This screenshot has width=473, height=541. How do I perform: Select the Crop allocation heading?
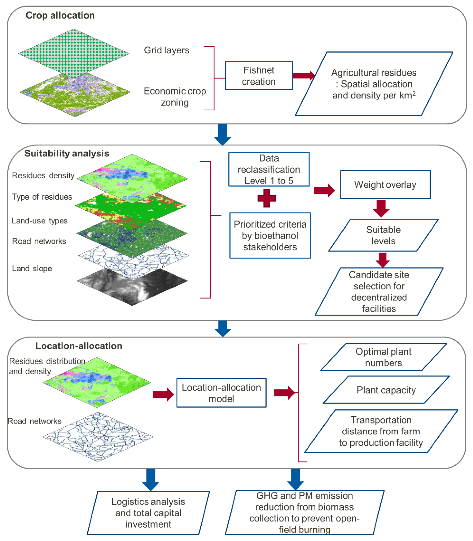click(60, 15)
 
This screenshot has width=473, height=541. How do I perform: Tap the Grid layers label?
click(166, 50)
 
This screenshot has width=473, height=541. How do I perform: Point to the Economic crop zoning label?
click(175, 97)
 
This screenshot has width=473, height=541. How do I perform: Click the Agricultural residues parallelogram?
click(374, 84)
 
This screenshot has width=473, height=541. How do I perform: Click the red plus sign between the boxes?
click(267, 198)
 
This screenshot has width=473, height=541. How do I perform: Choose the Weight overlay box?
click(385, 184)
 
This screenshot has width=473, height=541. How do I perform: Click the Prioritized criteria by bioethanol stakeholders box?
click(270, 236)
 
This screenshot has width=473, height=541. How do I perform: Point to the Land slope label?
click(32, 269)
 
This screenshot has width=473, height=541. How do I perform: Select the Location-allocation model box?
click(221, 393)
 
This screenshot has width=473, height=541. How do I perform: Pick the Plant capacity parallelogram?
click(386, 390)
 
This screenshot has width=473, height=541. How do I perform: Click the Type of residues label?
click(42, 197)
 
